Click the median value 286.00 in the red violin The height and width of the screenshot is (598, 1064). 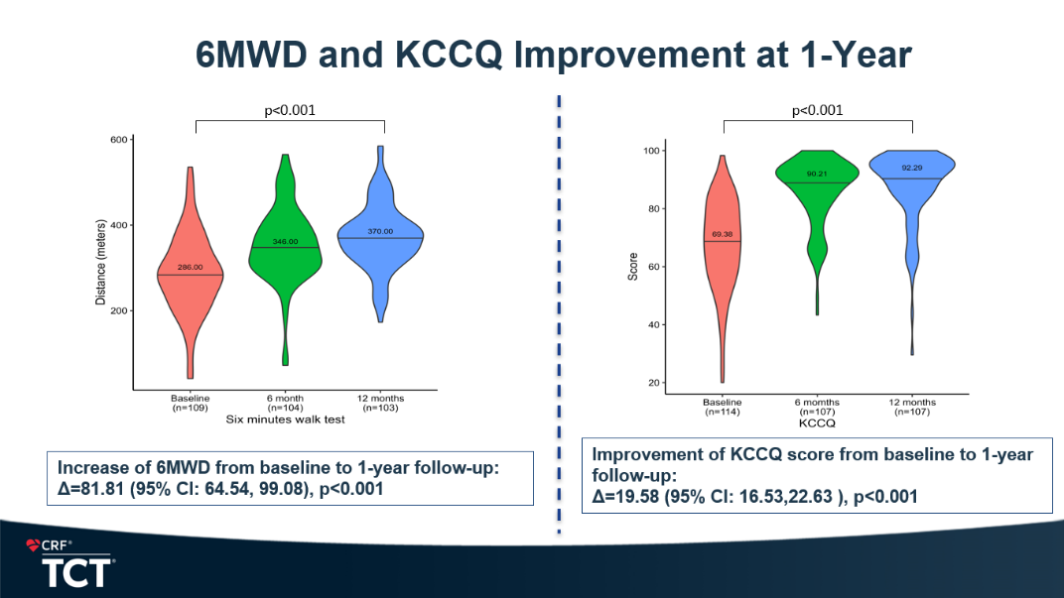[x=190, y=268]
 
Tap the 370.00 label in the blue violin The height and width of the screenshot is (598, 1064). [x=380, y=231]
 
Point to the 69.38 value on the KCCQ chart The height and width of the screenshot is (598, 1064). [x=723, y=235]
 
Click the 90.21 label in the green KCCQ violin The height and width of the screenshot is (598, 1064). [x=817, y=175]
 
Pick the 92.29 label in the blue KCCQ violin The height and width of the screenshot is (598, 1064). [x=911, y=168]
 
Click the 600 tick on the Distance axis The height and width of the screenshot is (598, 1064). [x=118, y=139]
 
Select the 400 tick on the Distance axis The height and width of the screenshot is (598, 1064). [x=118, y=225]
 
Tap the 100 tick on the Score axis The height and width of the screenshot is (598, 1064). [x=651, y=151]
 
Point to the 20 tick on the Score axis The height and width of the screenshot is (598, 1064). [x=654, y=383]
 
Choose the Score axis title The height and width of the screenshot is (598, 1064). [x=633, y=267]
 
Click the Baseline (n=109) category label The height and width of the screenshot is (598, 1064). [x=190, y=403]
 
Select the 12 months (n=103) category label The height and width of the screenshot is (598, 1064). [x=381, y=403]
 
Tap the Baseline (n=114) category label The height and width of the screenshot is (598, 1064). [x=723, y=407]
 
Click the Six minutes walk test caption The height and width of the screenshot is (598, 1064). [x=286, y=419]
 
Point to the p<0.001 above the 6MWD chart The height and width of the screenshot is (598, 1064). [x=290, y=110]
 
